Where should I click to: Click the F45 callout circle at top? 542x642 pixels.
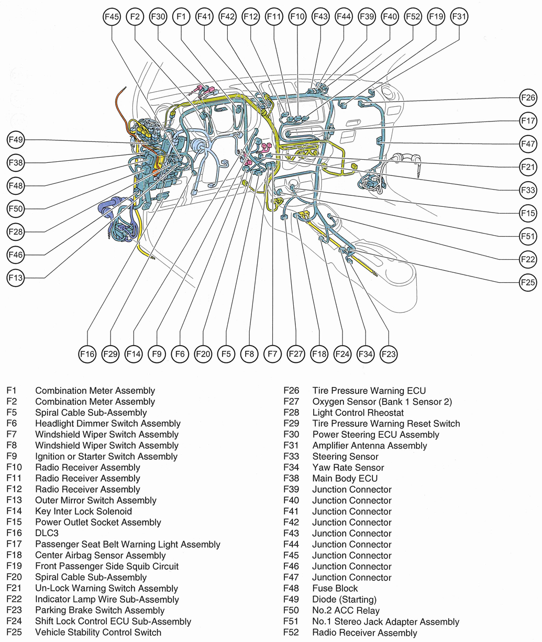coord(112,17)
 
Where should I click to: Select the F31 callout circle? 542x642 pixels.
coord(459,17)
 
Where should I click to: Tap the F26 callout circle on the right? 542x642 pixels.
coord(528,97)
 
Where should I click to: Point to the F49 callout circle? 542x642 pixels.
coord(16,140)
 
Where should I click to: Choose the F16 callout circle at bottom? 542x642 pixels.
coord(87,355)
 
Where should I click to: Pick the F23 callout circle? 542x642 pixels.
coord(389,355)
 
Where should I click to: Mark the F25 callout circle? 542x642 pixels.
coord(528,282)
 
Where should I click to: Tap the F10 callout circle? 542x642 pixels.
coord(297,17)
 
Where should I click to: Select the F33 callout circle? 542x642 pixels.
coord(528,190)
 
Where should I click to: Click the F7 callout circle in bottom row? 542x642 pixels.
coord(272,355)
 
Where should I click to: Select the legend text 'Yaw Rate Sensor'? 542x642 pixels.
coord(348,468)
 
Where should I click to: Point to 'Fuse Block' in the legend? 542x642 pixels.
coord(335,588)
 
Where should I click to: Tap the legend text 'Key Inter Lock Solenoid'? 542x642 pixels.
coord(83,511)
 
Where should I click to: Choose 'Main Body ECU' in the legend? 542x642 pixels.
coord(345,478)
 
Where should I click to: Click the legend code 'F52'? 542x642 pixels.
coord(291,633)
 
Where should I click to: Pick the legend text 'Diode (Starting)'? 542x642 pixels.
coord(344,599)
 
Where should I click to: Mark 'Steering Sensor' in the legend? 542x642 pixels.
coord(345,457)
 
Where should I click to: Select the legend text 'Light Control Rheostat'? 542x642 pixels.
coord(358,413)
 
